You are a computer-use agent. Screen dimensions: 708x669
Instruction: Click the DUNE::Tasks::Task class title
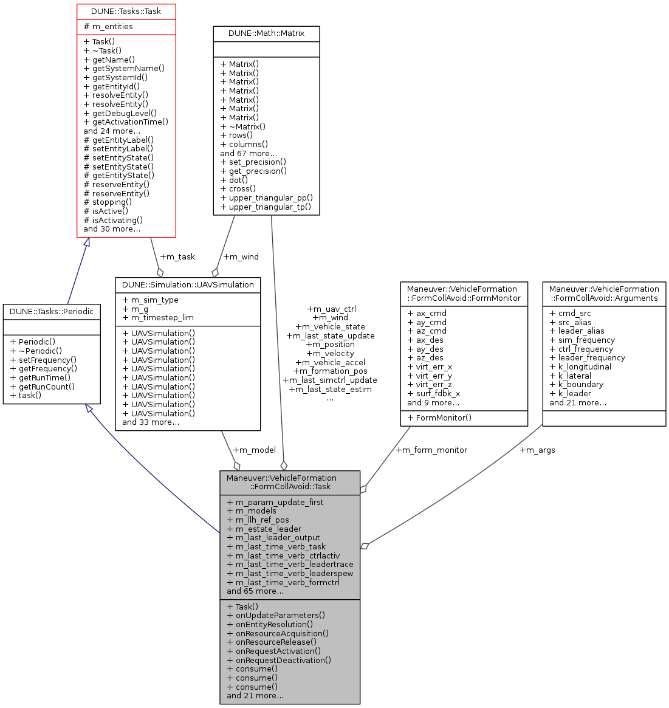tap(126, 12)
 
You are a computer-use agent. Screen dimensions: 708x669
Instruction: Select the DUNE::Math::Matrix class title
tap(266, 33)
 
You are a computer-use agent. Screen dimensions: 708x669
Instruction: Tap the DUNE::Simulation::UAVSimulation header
tap(188, 284)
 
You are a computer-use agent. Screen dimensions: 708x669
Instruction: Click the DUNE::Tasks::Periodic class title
tap(52, 311)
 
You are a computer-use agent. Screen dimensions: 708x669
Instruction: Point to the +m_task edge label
tap(177, 256)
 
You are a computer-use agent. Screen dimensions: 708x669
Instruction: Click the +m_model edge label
tap(254, 450)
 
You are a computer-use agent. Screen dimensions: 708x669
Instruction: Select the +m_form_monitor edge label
tap(431, 450)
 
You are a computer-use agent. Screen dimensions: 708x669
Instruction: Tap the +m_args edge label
tap(537, 450)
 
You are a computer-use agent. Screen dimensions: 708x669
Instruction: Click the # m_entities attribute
tap(108, 27)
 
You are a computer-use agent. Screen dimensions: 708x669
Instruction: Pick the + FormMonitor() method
tap(439, 418)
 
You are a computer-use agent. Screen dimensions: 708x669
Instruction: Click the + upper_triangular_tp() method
tap(266, 207)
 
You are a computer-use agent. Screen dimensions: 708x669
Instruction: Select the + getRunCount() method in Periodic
tap(43, 387)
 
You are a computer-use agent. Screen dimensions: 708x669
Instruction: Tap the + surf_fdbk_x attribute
tap(434, 393)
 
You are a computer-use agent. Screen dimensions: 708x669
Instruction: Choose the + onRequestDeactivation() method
tap(279, 660)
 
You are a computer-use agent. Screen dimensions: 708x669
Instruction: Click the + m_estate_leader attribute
tap(264, 529)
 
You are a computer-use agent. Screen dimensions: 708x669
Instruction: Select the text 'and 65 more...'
tap(255, 591)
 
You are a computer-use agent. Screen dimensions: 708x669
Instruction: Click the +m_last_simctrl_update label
tap(330, 380)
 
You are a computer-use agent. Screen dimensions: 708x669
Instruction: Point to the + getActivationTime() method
tap(126, 122)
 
